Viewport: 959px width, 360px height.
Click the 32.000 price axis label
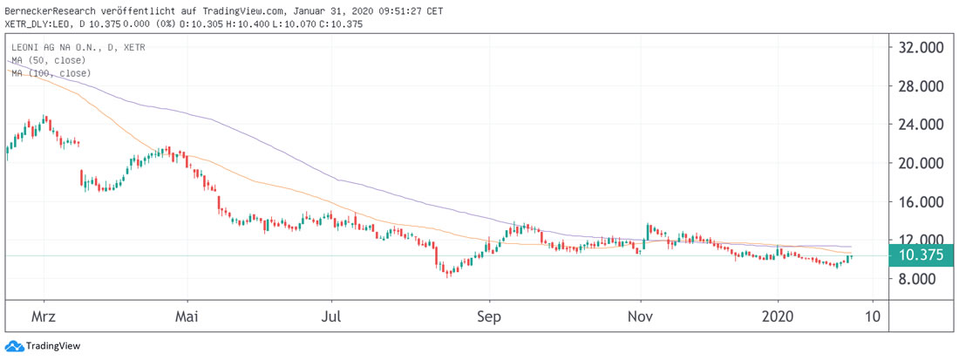[x=922, y=48]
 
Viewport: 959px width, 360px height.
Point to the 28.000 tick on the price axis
[x=922, y=86]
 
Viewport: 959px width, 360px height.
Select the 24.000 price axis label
[x=922, y=125]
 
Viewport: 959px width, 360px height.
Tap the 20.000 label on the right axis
[x=922, y=163]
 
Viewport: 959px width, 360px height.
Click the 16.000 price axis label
[x=922, y=201]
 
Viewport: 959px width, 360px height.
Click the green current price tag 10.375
[x=923, y=255]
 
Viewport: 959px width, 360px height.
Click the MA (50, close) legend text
[x=49, y=60]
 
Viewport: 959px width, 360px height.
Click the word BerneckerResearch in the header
[x=57, y=8]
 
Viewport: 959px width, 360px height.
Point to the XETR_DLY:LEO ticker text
[x=37, y=23]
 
